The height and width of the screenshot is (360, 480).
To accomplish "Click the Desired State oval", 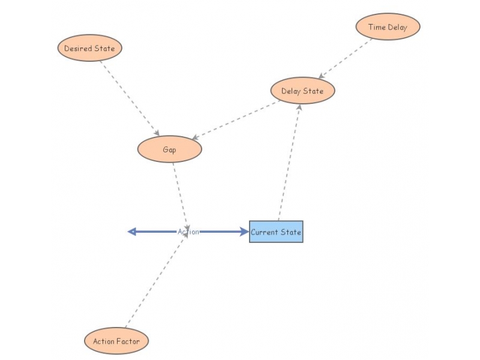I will pos(90,48).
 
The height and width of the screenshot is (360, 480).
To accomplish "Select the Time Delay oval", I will pos(388,27).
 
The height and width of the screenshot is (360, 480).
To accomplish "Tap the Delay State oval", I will pos(302,91).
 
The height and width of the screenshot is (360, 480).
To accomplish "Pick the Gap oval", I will pos(170,149).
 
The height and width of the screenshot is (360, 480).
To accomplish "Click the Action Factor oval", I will pos(116,341).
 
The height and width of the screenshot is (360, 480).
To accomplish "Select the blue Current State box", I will pos(276,232).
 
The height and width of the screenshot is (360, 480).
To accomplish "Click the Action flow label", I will pos(188,232).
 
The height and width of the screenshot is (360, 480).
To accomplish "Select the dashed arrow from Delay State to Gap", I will pos(237,121).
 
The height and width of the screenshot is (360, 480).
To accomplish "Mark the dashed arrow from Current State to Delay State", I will pos(289,162).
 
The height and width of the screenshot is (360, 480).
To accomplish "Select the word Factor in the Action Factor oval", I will pos(129,341).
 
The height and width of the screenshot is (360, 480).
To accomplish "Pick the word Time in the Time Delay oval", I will pos(376,27).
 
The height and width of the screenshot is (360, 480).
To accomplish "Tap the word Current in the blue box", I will pos(262,232).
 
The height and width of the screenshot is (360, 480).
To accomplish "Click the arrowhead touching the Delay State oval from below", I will pos(299,106).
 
